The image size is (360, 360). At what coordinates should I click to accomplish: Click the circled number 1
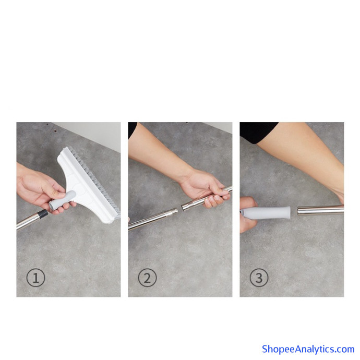(35, 278)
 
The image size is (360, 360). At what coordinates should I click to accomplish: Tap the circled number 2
(147, 278)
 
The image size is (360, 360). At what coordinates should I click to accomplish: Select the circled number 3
(259, 278)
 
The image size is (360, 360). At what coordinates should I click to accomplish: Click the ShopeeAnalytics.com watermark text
(308, 349)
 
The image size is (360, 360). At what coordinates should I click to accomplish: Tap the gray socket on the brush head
(62, 200)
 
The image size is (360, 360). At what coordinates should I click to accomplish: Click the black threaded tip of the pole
(43, 214)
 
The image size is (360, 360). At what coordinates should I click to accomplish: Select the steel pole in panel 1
(30, 220)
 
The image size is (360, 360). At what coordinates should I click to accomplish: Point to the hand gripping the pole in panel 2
(205, 188)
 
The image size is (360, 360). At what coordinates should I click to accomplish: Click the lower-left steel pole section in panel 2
(153, 218)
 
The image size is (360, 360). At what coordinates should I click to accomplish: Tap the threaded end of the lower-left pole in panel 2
(174, 211)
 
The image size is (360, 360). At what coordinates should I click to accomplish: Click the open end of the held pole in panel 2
(184, 207)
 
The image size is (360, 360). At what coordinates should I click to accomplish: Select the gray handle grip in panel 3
(266, 212)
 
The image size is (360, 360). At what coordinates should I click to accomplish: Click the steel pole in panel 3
(320, 210)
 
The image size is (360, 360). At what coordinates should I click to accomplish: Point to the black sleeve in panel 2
(132, 130)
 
